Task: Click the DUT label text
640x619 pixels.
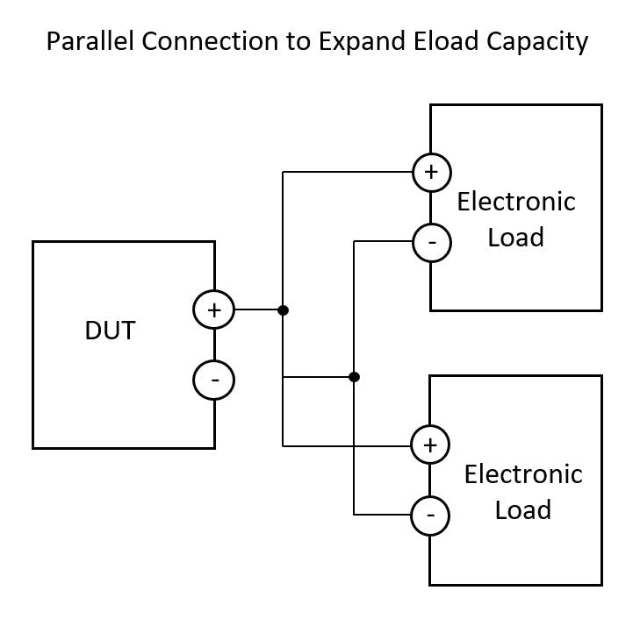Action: pos(111,331)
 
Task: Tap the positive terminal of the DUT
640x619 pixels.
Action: pos(214,309)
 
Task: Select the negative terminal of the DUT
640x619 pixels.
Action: pos(214,380)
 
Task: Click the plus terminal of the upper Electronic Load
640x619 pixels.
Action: pos(431,172)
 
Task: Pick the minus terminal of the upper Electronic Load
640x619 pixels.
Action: pos(431,241)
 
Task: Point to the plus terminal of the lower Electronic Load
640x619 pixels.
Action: pos(430,445)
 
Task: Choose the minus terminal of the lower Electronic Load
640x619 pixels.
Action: pos(430,515)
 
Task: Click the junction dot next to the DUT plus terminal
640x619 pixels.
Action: pos(283,309)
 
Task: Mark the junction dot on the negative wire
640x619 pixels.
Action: pos(354,377)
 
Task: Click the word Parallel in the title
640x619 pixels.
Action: pos(84,41)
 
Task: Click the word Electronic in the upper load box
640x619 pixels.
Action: pos(516,202)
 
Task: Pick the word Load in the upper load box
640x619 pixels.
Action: pos(515,238)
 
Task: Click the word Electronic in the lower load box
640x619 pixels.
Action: pos(522,474)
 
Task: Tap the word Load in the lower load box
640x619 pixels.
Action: pos(522,510)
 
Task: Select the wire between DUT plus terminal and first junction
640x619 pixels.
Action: pos(257,309)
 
